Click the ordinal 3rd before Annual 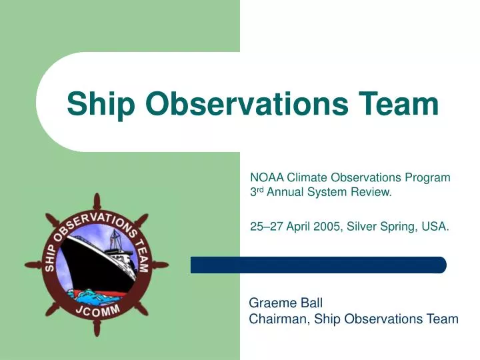point(257,193)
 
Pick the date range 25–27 point(265,227)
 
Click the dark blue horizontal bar point(318,265)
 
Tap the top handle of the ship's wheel point(97,201)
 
